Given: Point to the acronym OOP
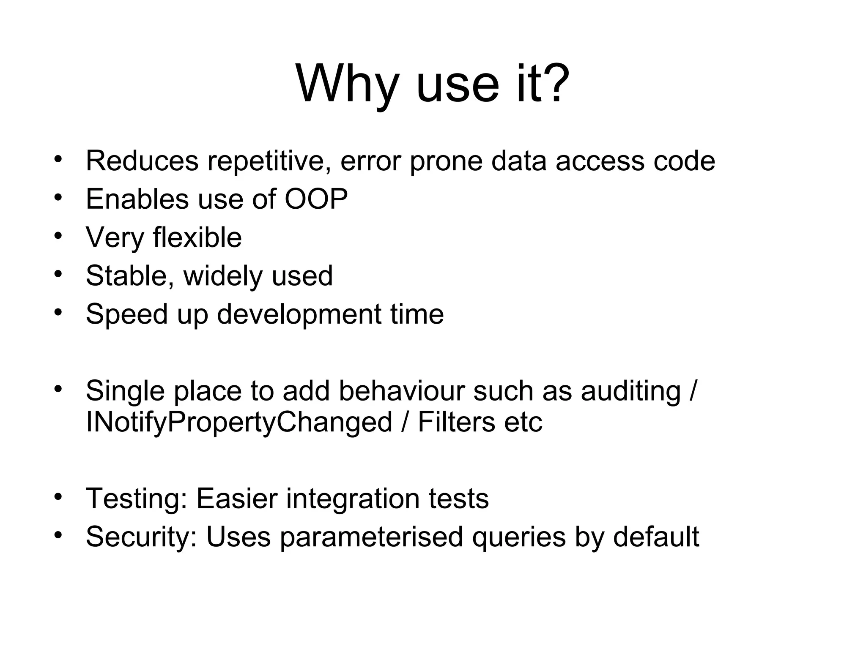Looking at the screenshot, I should pos(316,199).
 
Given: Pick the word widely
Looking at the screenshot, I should pos(223,276).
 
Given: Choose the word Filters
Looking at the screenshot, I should pos(456,422).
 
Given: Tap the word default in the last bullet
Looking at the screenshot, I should pos(656,537).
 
